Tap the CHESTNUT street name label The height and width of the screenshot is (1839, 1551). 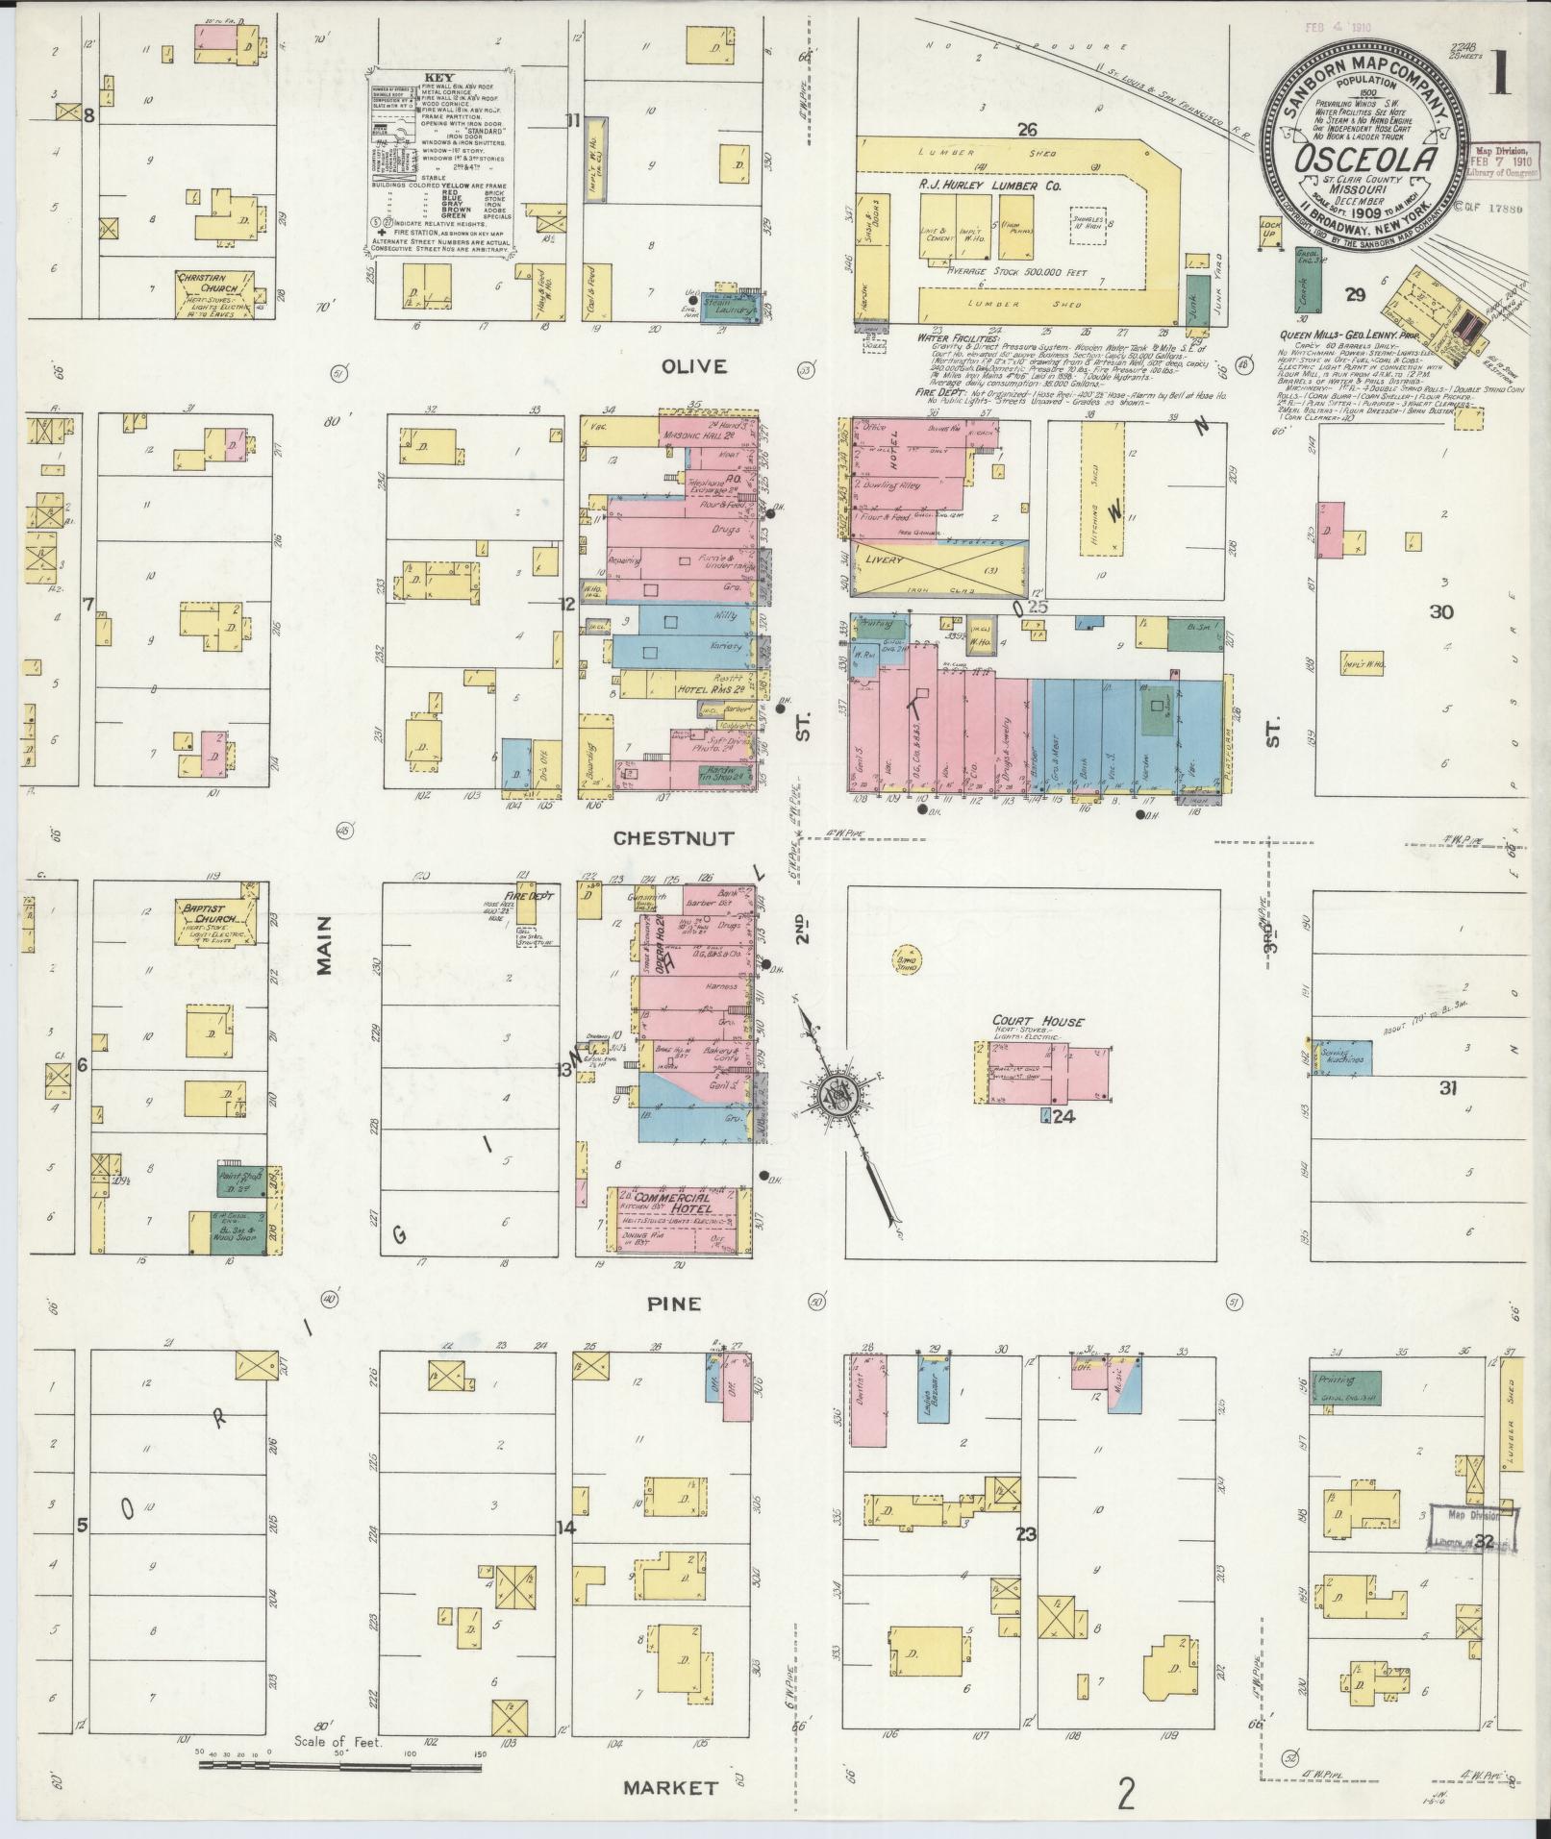coord(673,838)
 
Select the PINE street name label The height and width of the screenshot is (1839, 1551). coord(673,1305)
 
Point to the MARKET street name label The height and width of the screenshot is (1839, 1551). coord(670,1788)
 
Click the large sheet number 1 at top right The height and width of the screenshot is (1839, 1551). coord(1500,76)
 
